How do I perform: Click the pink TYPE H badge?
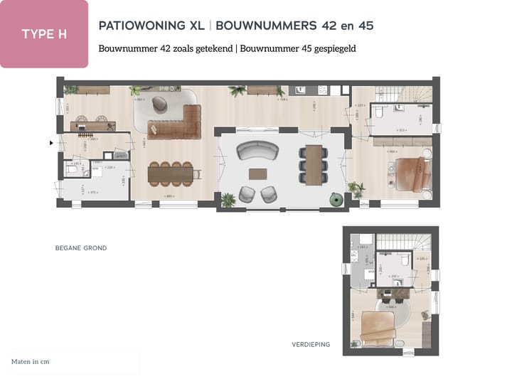[x=44, y=34]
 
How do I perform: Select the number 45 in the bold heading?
[x=366, y=26]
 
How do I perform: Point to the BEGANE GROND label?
[x=81, y=248]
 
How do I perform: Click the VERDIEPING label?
[x=311, y=344]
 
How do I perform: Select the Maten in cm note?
[x=31, y=361]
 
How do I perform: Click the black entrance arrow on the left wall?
[x=51, y=142]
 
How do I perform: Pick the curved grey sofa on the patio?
[x=257, y=151]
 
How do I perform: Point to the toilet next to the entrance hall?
[x=72, y=169]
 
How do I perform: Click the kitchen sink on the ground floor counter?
[x=301, y=90]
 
